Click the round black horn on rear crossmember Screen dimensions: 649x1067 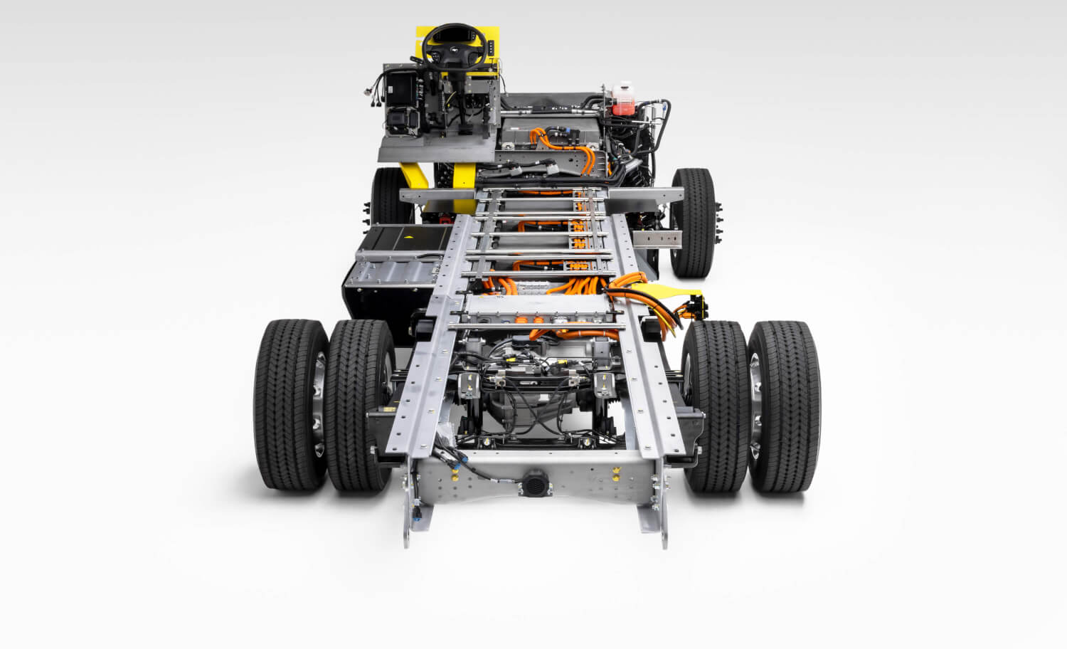(x=533, y=484)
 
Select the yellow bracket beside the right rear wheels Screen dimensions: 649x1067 (x=679, y=291)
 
